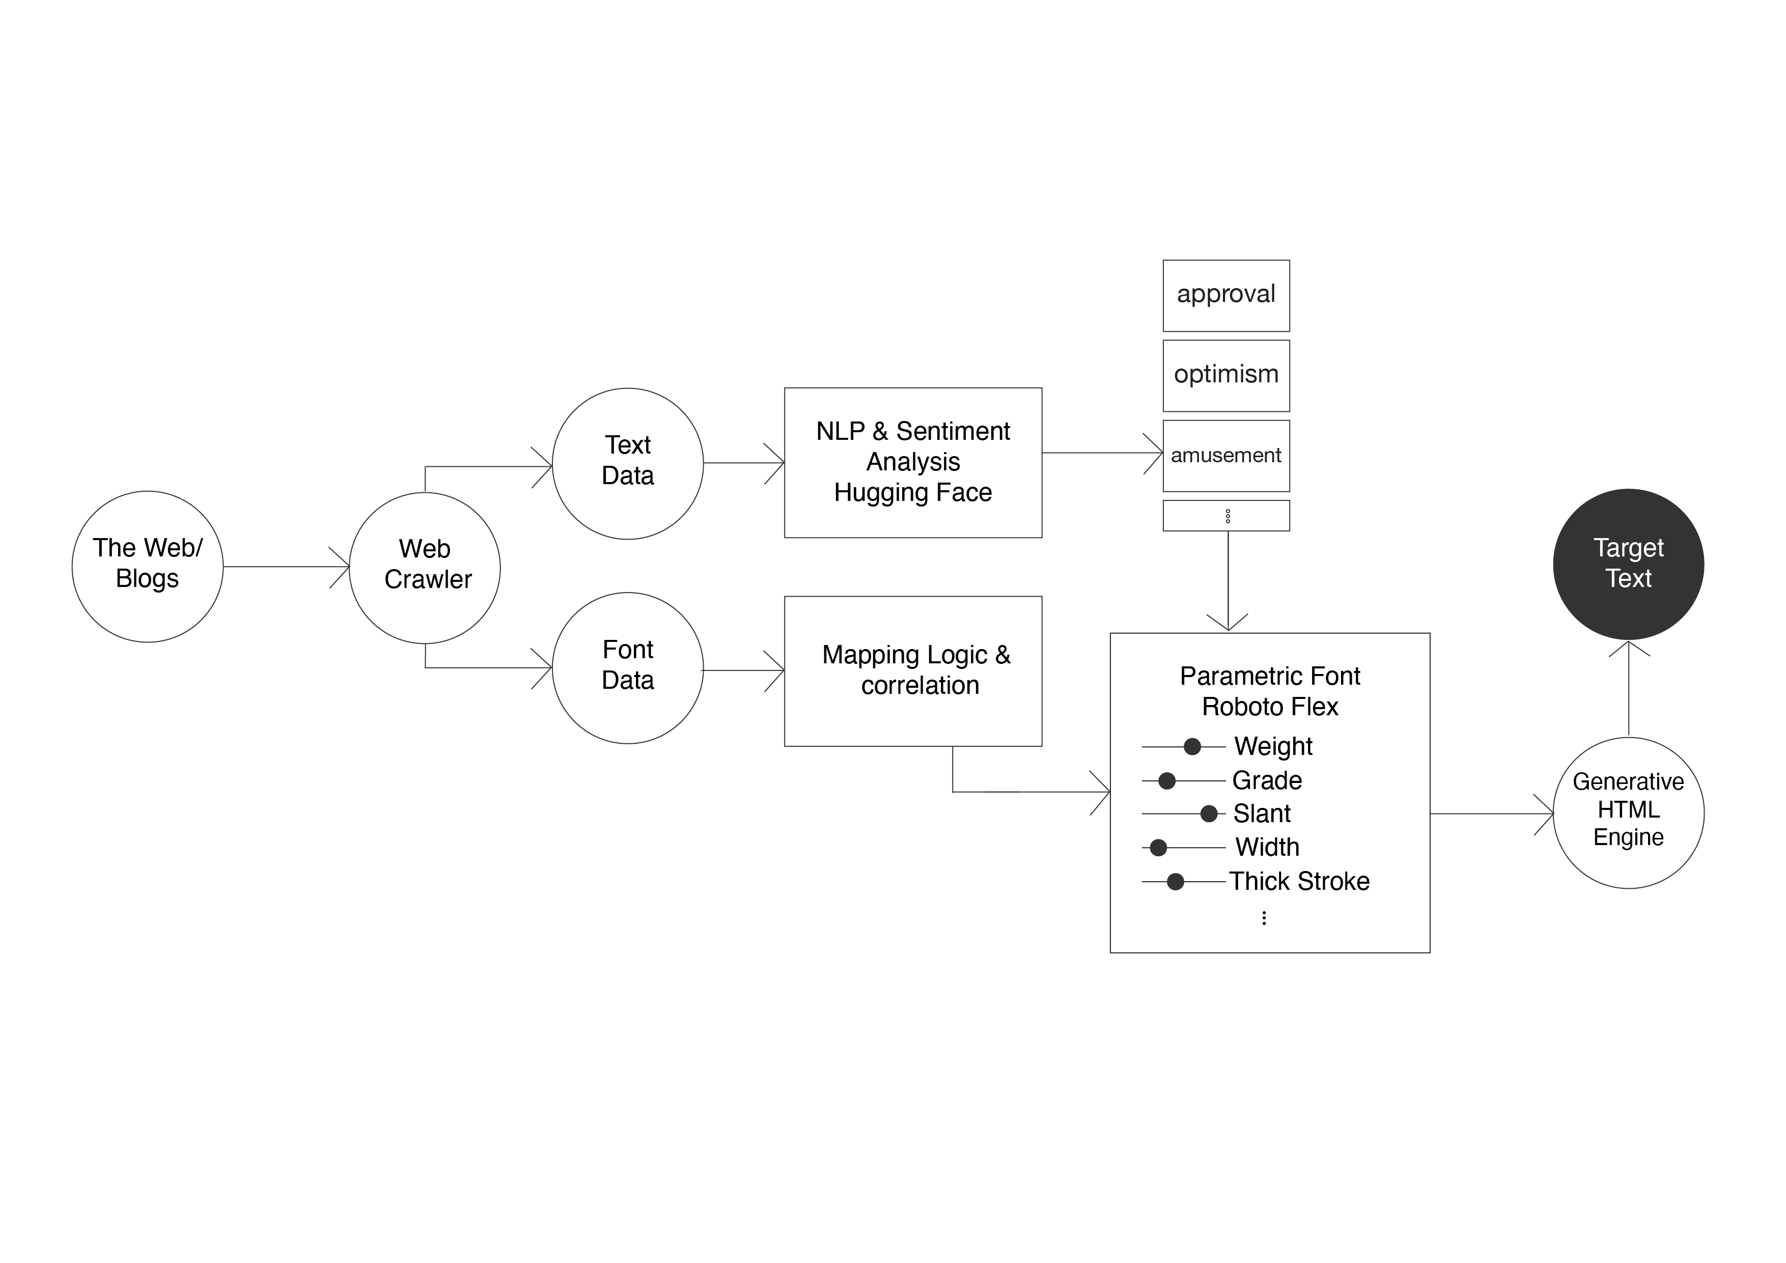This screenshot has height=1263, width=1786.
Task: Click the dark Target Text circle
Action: click(1628, 564)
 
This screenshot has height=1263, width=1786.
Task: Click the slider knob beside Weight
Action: click(1192, 747)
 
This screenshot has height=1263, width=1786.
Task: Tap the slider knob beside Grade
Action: click(1167, 781)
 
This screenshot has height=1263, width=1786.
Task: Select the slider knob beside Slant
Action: click(1209, 813)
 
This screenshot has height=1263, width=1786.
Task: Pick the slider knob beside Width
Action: click(1158, 848)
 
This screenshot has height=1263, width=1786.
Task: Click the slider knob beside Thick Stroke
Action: click(1176, 881)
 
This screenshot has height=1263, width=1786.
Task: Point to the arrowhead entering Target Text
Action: click(1629, 641)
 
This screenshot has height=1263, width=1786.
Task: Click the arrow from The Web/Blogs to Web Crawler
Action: click(286, 567)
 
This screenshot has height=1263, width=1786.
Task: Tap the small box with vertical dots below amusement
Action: click(1226, 516)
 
